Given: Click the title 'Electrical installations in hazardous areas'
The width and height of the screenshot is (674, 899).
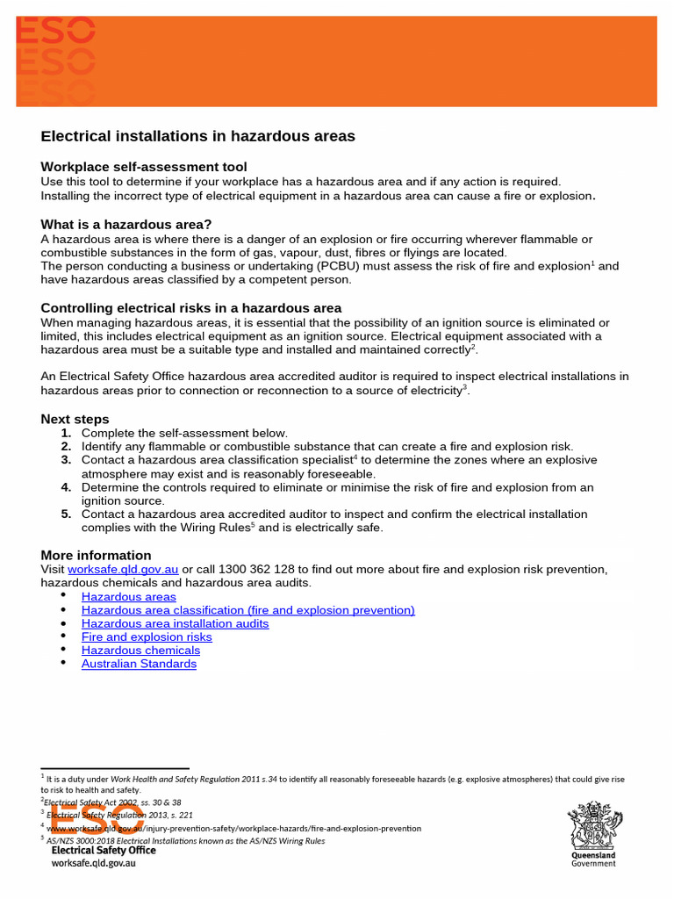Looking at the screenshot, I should click(x=197, y=136).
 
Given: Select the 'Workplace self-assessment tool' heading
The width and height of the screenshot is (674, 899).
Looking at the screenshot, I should click(x=144, y=167).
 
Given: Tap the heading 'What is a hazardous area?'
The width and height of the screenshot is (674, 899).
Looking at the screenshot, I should click(x=126, y=225).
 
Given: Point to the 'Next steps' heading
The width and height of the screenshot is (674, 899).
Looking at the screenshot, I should click(x=75, y=419).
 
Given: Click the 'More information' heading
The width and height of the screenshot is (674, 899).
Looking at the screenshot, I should click(x=96, y=555).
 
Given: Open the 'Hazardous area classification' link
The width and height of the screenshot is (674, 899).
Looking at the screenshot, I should click(x=247, y=610).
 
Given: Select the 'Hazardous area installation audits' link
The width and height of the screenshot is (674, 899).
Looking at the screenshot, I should click(x=175, y=623).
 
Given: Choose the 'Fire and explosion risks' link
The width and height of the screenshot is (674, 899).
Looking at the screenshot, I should click(x=147, y=636).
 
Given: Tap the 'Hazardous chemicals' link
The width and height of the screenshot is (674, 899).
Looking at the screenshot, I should click(x=140, y=651).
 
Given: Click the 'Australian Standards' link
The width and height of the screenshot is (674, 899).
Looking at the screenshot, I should click(x=139, y=664).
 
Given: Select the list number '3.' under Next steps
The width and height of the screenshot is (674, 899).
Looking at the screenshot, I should click(x=67, y=460).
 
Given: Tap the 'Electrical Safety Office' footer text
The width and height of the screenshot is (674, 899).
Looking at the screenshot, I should click(x=104, y=850).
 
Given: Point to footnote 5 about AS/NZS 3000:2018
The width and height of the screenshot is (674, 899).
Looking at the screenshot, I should click(x=184, y=840).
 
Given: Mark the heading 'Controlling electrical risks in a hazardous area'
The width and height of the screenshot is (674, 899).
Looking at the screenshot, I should click(x=191, y=308).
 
